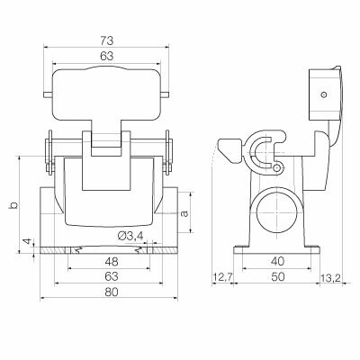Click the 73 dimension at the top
click(x=106, y=40)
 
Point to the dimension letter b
click(x=13, y=205)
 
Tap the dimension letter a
click(x=184, y=213)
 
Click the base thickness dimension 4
click(x=27, y=243)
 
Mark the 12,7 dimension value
click(x=222, y=277)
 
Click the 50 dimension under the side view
click(x=277, y=277)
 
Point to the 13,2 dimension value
click(x=332, y=277)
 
